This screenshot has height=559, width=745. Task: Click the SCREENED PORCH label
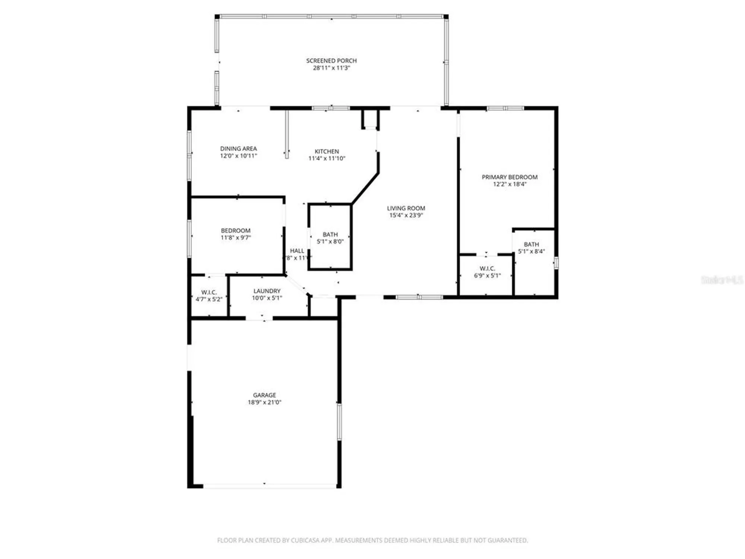[x=331, y=60]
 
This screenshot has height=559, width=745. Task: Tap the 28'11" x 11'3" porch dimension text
[x=331, y=68]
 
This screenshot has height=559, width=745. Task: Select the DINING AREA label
[x=238, y=149]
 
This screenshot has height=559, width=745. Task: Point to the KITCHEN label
[x=327, y=151]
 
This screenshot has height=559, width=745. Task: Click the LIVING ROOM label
[x=406, y=208]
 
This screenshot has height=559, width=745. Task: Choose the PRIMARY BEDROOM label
[x=510, y=177]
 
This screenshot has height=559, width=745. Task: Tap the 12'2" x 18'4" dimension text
[x=510, y=184]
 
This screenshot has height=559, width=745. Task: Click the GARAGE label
[x=264, y=395]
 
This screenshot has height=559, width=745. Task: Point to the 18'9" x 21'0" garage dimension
[x=264, y=402]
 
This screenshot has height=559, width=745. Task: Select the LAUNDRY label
[x=267, y=291]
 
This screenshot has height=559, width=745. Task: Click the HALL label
[x=297, y=251]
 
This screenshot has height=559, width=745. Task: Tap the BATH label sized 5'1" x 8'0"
[x=330, y=234]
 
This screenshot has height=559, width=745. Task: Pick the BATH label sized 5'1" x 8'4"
[x=531, y=244]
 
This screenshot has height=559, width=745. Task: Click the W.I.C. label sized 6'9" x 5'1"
[x=487, y=269]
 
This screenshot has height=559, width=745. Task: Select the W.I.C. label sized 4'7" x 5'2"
[x=209, y=292]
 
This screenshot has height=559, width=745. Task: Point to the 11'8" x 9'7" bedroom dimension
[x=236, y=238]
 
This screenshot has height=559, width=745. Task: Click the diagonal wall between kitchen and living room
[x=365, y=188]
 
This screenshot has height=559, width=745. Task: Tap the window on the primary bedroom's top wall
[x=505, y=108]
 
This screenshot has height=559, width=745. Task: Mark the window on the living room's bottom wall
[x=419, y=297]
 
